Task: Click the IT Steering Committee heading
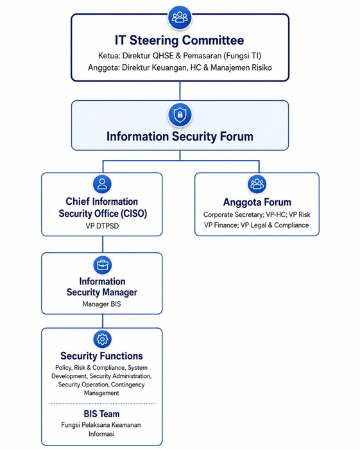click(x=180, y=40)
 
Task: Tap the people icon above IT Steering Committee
click(x=180, y=17)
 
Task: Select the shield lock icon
click(x=180, y=115)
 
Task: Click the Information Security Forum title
click(x=180, y=136)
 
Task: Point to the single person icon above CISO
click(x=102, y=184)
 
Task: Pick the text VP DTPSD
click(x=102, y=226)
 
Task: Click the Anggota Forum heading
click(x=257, y=202)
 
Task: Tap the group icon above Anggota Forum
click(x=257, y=184)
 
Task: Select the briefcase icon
click(x=103, y=265)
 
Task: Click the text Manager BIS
click(x=102, y=304)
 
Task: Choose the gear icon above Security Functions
click(x=103, y=339)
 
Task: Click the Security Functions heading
click(x=101, y=356)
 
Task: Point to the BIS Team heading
click(x=101, y=414)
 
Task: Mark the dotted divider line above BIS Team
click(x=101, y=404)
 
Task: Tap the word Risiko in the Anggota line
click(x=262, y=68)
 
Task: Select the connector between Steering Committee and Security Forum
click(x=180, y=91)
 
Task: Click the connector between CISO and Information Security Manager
click(x=103, y=244)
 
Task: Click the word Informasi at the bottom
click(x=101, y=434)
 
